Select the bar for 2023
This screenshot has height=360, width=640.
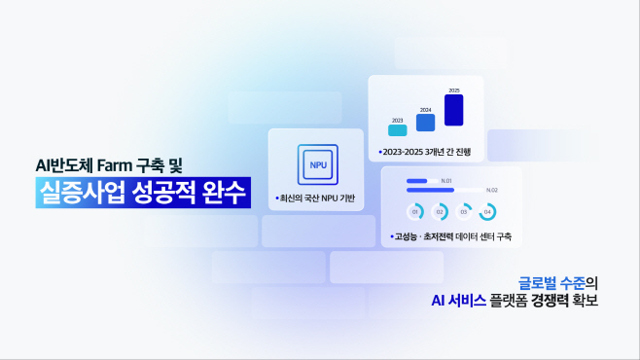pos(397,129)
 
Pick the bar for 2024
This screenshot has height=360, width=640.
pos(425,123)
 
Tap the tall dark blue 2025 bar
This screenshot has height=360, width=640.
pos(453,110)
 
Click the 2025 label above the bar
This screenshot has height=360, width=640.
pos(453,90)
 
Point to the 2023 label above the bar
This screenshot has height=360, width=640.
pos(397,120)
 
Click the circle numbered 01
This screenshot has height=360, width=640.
pos(415,211)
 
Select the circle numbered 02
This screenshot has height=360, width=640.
pos(440,211)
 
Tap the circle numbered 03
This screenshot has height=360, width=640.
pos(464,211)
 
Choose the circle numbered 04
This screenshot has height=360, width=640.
pos(488,211)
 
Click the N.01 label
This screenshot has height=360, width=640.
pos(446,181)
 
